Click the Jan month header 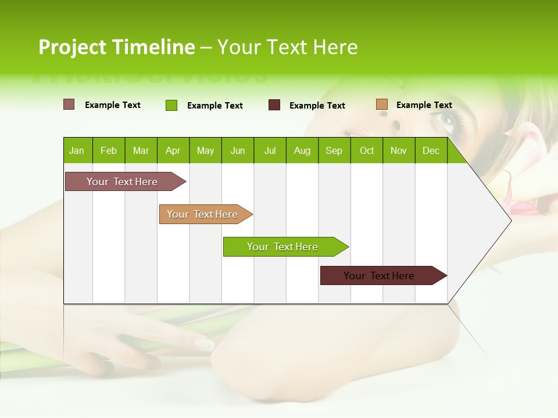pyautogui.click(x=77, y=151)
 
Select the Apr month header pyautogui.click(x=173, y=151)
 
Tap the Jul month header pyautogui.click(x=270, y=151)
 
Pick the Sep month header pyautogui.click(x=334, y=151)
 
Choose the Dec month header pyautogui.click(x=431, y=151)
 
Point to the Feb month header pyautogui.click(x=109, y=151)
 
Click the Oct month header pyautogui.click(x=367, y=151)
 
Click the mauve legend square pyautogui.click(x=69, y=105)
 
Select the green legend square pyautogui.click(x=171, y=105)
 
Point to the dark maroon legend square pyautogui.click(x=274, y=105)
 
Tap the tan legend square pyautogui.click(x=382, y=105)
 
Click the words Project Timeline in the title pyautogui.click(x=117, y=47)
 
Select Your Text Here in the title pyautogui.click(x=288, y=47)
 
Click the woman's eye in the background pyautogui.click(x=448, y=120)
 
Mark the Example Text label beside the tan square pyautogui.click(x=424, y=105)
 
